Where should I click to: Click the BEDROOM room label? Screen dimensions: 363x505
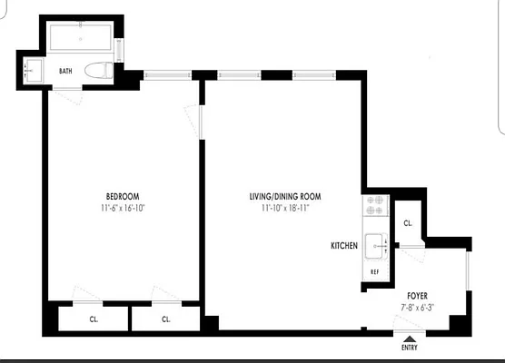click(122, 197)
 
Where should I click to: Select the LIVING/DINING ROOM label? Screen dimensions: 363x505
click(285, 197)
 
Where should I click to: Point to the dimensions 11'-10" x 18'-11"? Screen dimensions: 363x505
click(285, 208)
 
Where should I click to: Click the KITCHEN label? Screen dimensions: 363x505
click(344, 246)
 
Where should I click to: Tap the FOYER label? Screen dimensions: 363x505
click(418, 296)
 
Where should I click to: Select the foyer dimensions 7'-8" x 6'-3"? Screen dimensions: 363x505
click(418, 307)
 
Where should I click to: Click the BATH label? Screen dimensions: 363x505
click(65, 71)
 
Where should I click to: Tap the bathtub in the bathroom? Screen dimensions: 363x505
click(80, 39)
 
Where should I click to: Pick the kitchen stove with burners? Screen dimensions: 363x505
click(374, 208)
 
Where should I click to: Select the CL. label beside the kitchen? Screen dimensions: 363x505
click(407, 223)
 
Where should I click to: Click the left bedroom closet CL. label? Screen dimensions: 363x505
click(94, 320)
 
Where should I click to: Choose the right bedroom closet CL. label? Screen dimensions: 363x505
click(167, 320)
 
